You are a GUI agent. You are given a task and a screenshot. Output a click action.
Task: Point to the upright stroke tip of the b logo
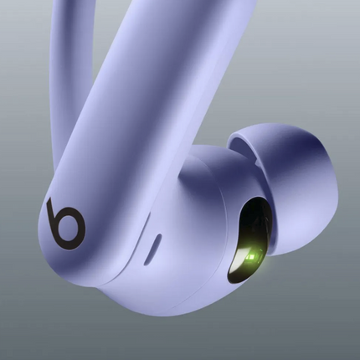[49, 200]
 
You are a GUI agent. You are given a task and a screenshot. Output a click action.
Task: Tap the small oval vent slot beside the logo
[152, 249]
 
